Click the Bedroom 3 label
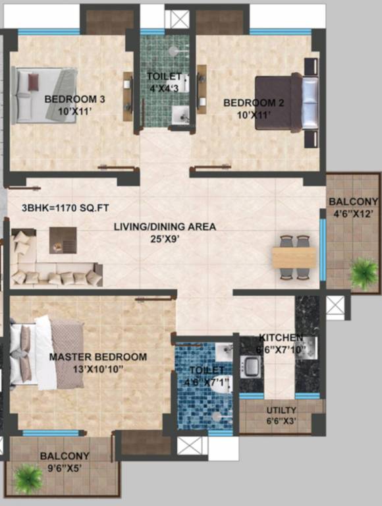[x=74, y=99]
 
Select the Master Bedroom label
[x=98, y=357]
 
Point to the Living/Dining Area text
[x=165, y=227]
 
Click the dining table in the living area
[x=294, y=258]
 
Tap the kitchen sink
[x=252, y=365]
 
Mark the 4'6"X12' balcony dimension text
[x=354, y=213]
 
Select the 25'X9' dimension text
[x=165, y=239]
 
